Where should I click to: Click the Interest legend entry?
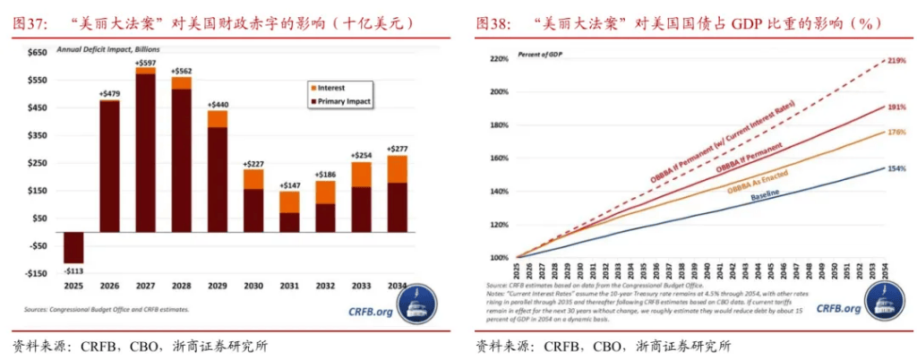(331, 88)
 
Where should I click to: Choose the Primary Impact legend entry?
(345, 101)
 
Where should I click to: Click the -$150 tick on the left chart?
(35, 273)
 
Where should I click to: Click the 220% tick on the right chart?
(498, 59)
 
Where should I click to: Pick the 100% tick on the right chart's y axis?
(498, 257)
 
